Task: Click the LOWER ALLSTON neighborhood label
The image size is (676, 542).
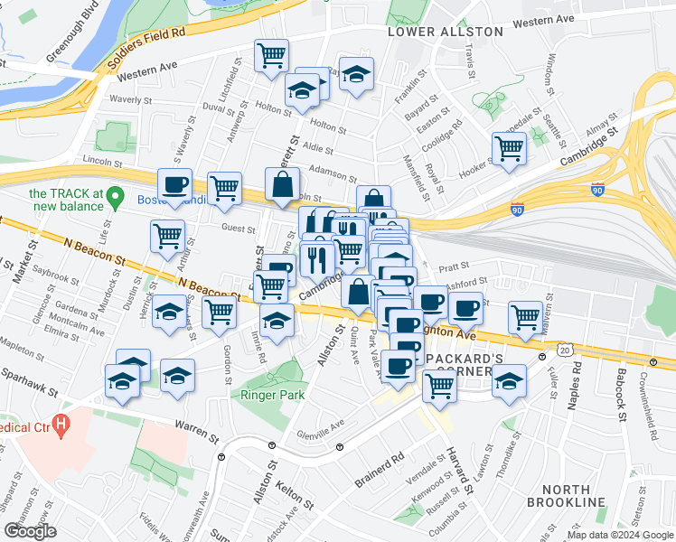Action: (x=445, y=32)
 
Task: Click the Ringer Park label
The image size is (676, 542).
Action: (x=271, y=395)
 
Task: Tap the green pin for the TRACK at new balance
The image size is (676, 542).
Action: (x=114, y=195)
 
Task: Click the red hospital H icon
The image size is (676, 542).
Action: (x=61, y=422)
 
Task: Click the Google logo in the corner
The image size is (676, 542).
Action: (x=30, y=531)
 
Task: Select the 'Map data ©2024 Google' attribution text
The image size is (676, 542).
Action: (x=619, y=535)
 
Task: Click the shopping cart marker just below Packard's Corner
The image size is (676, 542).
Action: (x=439, y=385)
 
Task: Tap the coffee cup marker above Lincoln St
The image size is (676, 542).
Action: (x=175, y=184)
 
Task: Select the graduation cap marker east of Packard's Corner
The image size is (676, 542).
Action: (x=510, y=380)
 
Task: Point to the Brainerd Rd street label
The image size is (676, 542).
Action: (x=379, y=471)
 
